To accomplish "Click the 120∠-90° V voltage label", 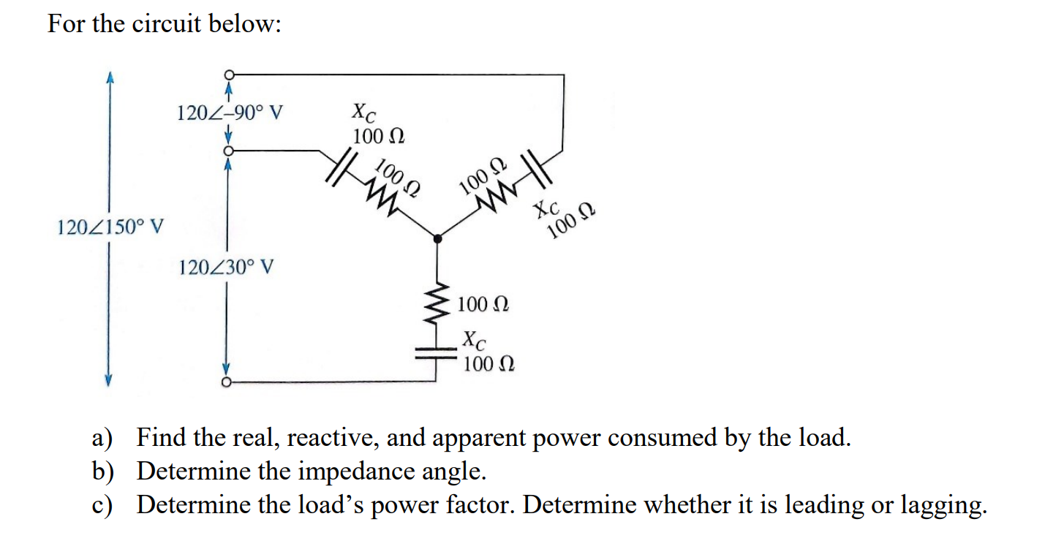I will click(230, 113).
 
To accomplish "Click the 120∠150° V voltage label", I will click(110, 227).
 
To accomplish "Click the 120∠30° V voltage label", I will click(227, 268).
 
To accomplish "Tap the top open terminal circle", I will click(229, 75).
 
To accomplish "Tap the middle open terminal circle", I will click(229, 150).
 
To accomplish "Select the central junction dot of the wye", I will click(437, 238).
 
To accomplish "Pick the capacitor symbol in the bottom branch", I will click(437, 352).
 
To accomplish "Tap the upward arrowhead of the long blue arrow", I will click(110, 77).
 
